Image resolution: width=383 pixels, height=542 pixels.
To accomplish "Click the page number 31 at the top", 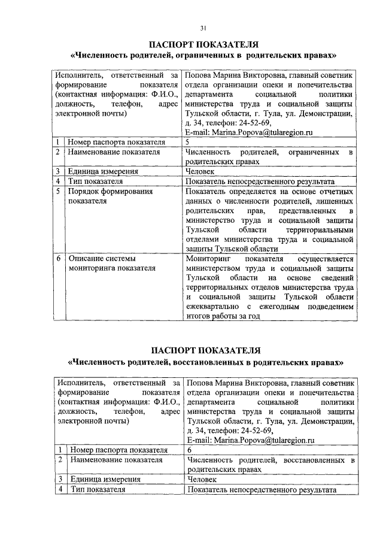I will point(203,27).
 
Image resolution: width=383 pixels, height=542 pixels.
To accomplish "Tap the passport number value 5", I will point(188,142).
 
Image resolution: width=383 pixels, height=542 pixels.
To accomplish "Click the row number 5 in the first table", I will point(58,192).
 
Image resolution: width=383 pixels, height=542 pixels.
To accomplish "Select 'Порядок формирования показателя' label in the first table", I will point(111,196).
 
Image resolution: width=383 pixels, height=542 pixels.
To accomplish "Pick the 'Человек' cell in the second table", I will point(203,479).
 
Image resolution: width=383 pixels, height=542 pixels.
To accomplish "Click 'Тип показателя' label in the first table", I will point(95,181).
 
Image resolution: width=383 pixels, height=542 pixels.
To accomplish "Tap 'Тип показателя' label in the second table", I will point(98,489).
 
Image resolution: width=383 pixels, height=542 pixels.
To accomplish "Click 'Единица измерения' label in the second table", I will point(105,479).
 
